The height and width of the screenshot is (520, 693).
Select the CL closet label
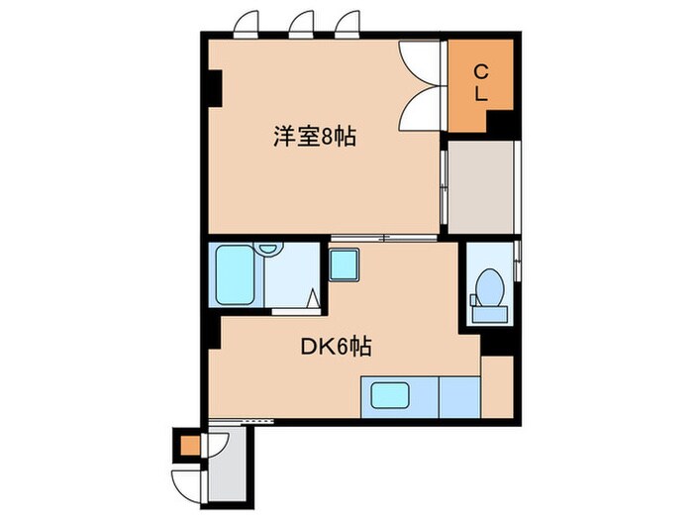pyautogui.click(x=480, y=83)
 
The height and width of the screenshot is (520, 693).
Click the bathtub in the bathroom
pyautogui.click(x=236, y=276)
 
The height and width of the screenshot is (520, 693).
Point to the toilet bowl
pyautogui.click(x=487, y=288)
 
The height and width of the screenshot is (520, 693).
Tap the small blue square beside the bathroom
pyautogui.click(x=344, y=264)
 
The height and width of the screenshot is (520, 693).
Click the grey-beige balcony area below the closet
pyautogui.click(x=483, y=188)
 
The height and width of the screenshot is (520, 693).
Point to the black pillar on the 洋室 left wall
pyautogui.click(x=214, y=88)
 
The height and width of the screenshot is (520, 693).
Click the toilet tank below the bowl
pyautogui.click(x=487, y=314)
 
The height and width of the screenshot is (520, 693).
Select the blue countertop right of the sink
pyautogui.click(x=458, y=396)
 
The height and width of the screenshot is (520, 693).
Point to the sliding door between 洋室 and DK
pyautogui.click(x=384, y=238)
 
